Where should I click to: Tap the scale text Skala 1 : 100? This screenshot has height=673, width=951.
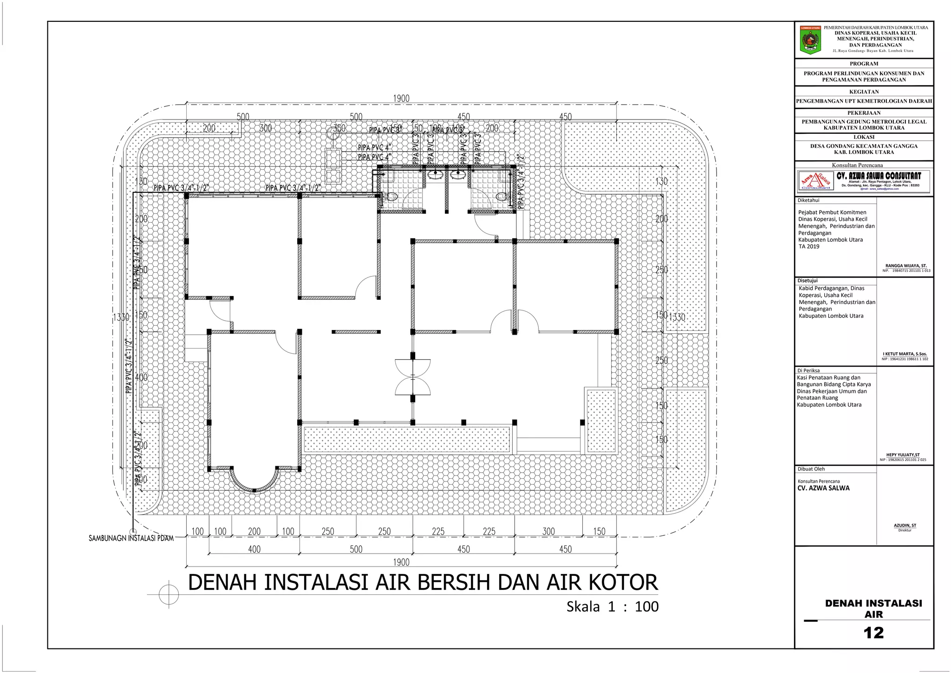pos(612,607)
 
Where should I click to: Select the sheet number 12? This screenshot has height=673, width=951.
pos(873,633)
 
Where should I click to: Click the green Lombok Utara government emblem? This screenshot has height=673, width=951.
pos(810,40)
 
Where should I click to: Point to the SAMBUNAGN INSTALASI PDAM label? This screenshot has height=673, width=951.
pos(131,538)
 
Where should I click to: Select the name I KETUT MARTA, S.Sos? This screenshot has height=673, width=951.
pos(905,354)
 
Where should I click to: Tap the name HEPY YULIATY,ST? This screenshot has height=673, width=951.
pos(903,455)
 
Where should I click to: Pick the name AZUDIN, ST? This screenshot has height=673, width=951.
pos(905,526)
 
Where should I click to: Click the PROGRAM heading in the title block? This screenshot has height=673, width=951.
pos(864,64)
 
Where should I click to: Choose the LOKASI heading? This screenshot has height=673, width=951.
pos(864,137)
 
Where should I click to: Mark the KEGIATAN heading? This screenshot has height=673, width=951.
pos(864,92)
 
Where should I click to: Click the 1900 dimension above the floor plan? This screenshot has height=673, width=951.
pos(401,99)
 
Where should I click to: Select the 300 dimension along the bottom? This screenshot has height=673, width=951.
pos(548,531)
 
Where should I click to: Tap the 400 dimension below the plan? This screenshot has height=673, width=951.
pos(254,549)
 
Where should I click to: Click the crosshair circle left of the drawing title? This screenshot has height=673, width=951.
pos(169,594)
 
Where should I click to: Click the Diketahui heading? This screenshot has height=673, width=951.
pos(808,200)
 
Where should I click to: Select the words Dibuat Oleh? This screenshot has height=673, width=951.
pos(811,469)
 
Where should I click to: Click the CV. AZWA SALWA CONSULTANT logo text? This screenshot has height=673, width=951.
pos(879,176)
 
